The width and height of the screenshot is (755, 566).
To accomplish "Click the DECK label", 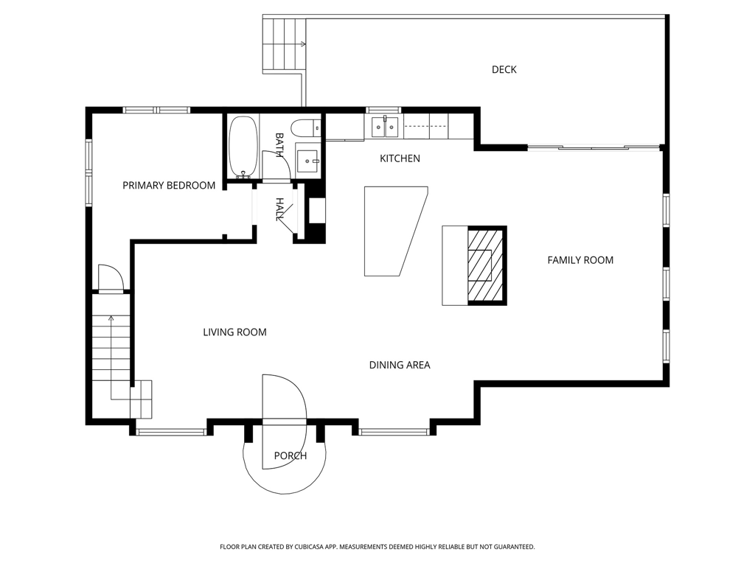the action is click(504, 70).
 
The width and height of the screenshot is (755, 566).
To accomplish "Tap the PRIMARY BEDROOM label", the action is click(169, 185).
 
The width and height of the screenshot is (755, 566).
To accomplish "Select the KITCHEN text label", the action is click(400, 158).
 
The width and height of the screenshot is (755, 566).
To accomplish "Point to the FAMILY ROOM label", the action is click(580, 260).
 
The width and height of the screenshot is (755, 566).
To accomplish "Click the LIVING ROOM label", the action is click(234, 332).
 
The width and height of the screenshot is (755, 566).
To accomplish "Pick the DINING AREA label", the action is click(400, 366).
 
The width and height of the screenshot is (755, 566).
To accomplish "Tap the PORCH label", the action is click(290, 455).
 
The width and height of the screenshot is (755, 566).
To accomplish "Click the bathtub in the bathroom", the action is click(243, 147).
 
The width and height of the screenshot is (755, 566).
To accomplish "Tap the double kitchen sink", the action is click(385, 127).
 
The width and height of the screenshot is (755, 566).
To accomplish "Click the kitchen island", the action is click(396, 231).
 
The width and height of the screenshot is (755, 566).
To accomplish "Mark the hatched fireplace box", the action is click(486, 265).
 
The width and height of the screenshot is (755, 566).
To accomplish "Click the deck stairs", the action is click(284, 43).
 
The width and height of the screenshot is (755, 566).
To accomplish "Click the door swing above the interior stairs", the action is click(111, 278).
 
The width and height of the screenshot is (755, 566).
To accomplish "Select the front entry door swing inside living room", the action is click(284, 397).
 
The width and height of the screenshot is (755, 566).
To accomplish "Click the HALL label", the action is click(279, 209).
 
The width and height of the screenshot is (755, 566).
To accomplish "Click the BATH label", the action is click(279, 145).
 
